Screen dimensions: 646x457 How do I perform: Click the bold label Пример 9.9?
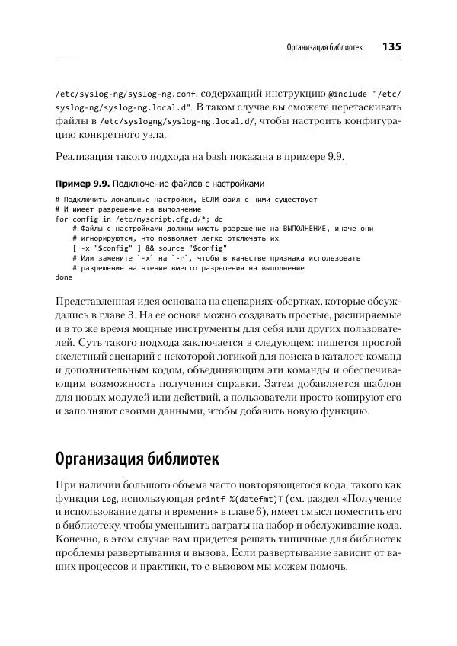83,184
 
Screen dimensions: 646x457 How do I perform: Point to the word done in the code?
63,278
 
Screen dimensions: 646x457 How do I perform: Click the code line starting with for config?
139,219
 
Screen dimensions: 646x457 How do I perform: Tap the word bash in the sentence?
217,158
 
